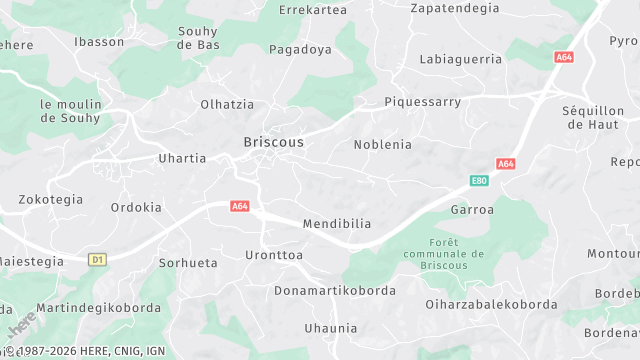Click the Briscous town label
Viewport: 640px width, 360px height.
(x=273, y=142)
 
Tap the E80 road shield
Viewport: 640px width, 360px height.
(x=480, y=181)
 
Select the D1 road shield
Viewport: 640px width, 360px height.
(x=97, y=260)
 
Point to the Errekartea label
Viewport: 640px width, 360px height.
(x=313, y=10)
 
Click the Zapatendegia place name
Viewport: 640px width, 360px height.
(x=454, y=8)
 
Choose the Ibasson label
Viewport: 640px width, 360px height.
(x=99, y=42)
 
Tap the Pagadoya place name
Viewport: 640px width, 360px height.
(x=300, y=49)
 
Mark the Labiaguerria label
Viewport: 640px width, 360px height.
(x=461, y=59)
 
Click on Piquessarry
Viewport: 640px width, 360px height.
(x=423, y=102)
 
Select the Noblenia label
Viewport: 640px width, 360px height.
(x=382, y=144)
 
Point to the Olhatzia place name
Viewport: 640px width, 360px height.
(x=227, y=104)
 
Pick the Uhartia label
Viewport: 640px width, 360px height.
(x=182, y=158)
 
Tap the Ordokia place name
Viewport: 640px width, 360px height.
(x=136, y=208)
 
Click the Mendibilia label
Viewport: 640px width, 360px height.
(x=337, y=224)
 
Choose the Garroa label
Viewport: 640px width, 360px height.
(x=472, y=210)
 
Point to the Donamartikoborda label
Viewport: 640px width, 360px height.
(x=335, y=291)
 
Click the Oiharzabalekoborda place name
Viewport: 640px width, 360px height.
(x=491, y=304)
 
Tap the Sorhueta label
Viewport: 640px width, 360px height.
(x=188, y=263)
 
